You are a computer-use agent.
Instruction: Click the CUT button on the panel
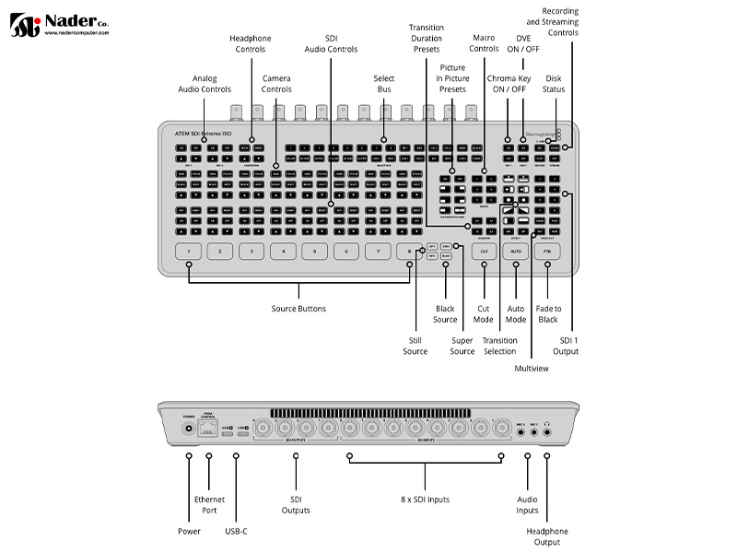(485, 251)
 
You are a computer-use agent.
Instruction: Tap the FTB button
(547, 251)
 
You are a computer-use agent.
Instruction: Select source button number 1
(188, 251)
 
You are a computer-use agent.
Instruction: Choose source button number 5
(314, 251)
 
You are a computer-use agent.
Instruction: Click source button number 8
(409, 251)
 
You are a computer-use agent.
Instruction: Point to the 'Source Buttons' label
(298, 308)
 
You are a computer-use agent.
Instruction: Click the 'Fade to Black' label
(548, 314)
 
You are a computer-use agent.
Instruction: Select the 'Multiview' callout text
(532, 368)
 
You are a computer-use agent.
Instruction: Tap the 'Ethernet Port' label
(209, 505)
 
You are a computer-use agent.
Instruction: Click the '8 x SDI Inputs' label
(425, 499)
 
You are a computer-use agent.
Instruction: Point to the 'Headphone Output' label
(547, 536)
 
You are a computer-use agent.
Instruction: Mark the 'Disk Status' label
(554, 84)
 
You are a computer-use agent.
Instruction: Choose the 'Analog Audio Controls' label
(205, 84)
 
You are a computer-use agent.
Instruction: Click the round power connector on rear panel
(190, 428)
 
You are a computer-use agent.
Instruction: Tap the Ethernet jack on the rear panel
(209, 427)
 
